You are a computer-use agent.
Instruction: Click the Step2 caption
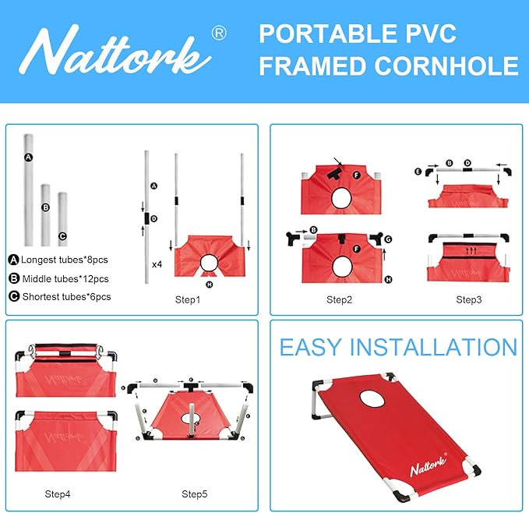click(x=340, y=299)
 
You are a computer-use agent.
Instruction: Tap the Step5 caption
click(x=195, y=494)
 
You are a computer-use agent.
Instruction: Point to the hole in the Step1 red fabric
click(x=209, y=263)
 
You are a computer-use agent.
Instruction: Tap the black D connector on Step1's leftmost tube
click(x=146, y=218)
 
